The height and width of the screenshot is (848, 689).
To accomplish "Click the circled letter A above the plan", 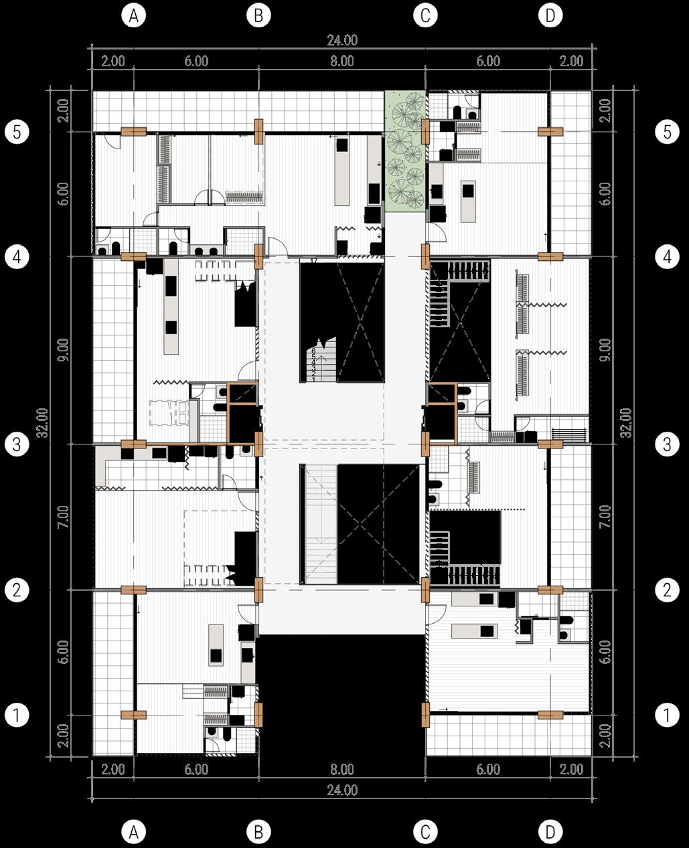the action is point(134,17).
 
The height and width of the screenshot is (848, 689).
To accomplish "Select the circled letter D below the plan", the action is point(550,832).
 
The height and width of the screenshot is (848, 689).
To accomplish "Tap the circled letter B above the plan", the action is point(258,17).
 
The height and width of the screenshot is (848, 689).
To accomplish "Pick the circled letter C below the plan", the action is point(425,832).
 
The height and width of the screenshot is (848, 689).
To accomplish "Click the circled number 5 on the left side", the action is point(16,132).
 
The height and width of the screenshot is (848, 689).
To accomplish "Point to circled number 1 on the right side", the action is point(666,715).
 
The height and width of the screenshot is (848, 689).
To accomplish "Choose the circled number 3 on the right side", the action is point(666,444).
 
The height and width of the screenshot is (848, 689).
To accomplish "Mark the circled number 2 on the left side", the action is point(16,590).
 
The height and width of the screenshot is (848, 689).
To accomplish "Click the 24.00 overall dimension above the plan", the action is point(341,40).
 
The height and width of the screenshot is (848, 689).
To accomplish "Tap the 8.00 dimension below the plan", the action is point(341,770).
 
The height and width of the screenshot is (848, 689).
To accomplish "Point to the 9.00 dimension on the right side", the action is point(605,349).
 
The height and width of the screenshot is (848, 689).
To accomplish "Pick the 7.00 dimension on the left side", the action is point(63,516).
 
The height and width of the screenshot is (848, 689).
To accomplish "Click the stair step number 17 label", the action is point(312,260).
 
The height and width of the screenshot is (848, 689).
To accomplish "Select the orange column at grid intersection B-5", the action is point(258,131).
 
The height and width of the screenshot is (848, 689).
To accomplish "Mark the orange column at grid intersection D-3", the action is point(550,444).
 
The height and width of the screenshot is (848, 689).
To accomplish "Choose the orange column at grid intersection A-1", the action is point(134,714).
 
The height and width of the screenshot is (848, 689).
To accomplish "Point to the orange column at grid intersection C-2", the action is point(425,590).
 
